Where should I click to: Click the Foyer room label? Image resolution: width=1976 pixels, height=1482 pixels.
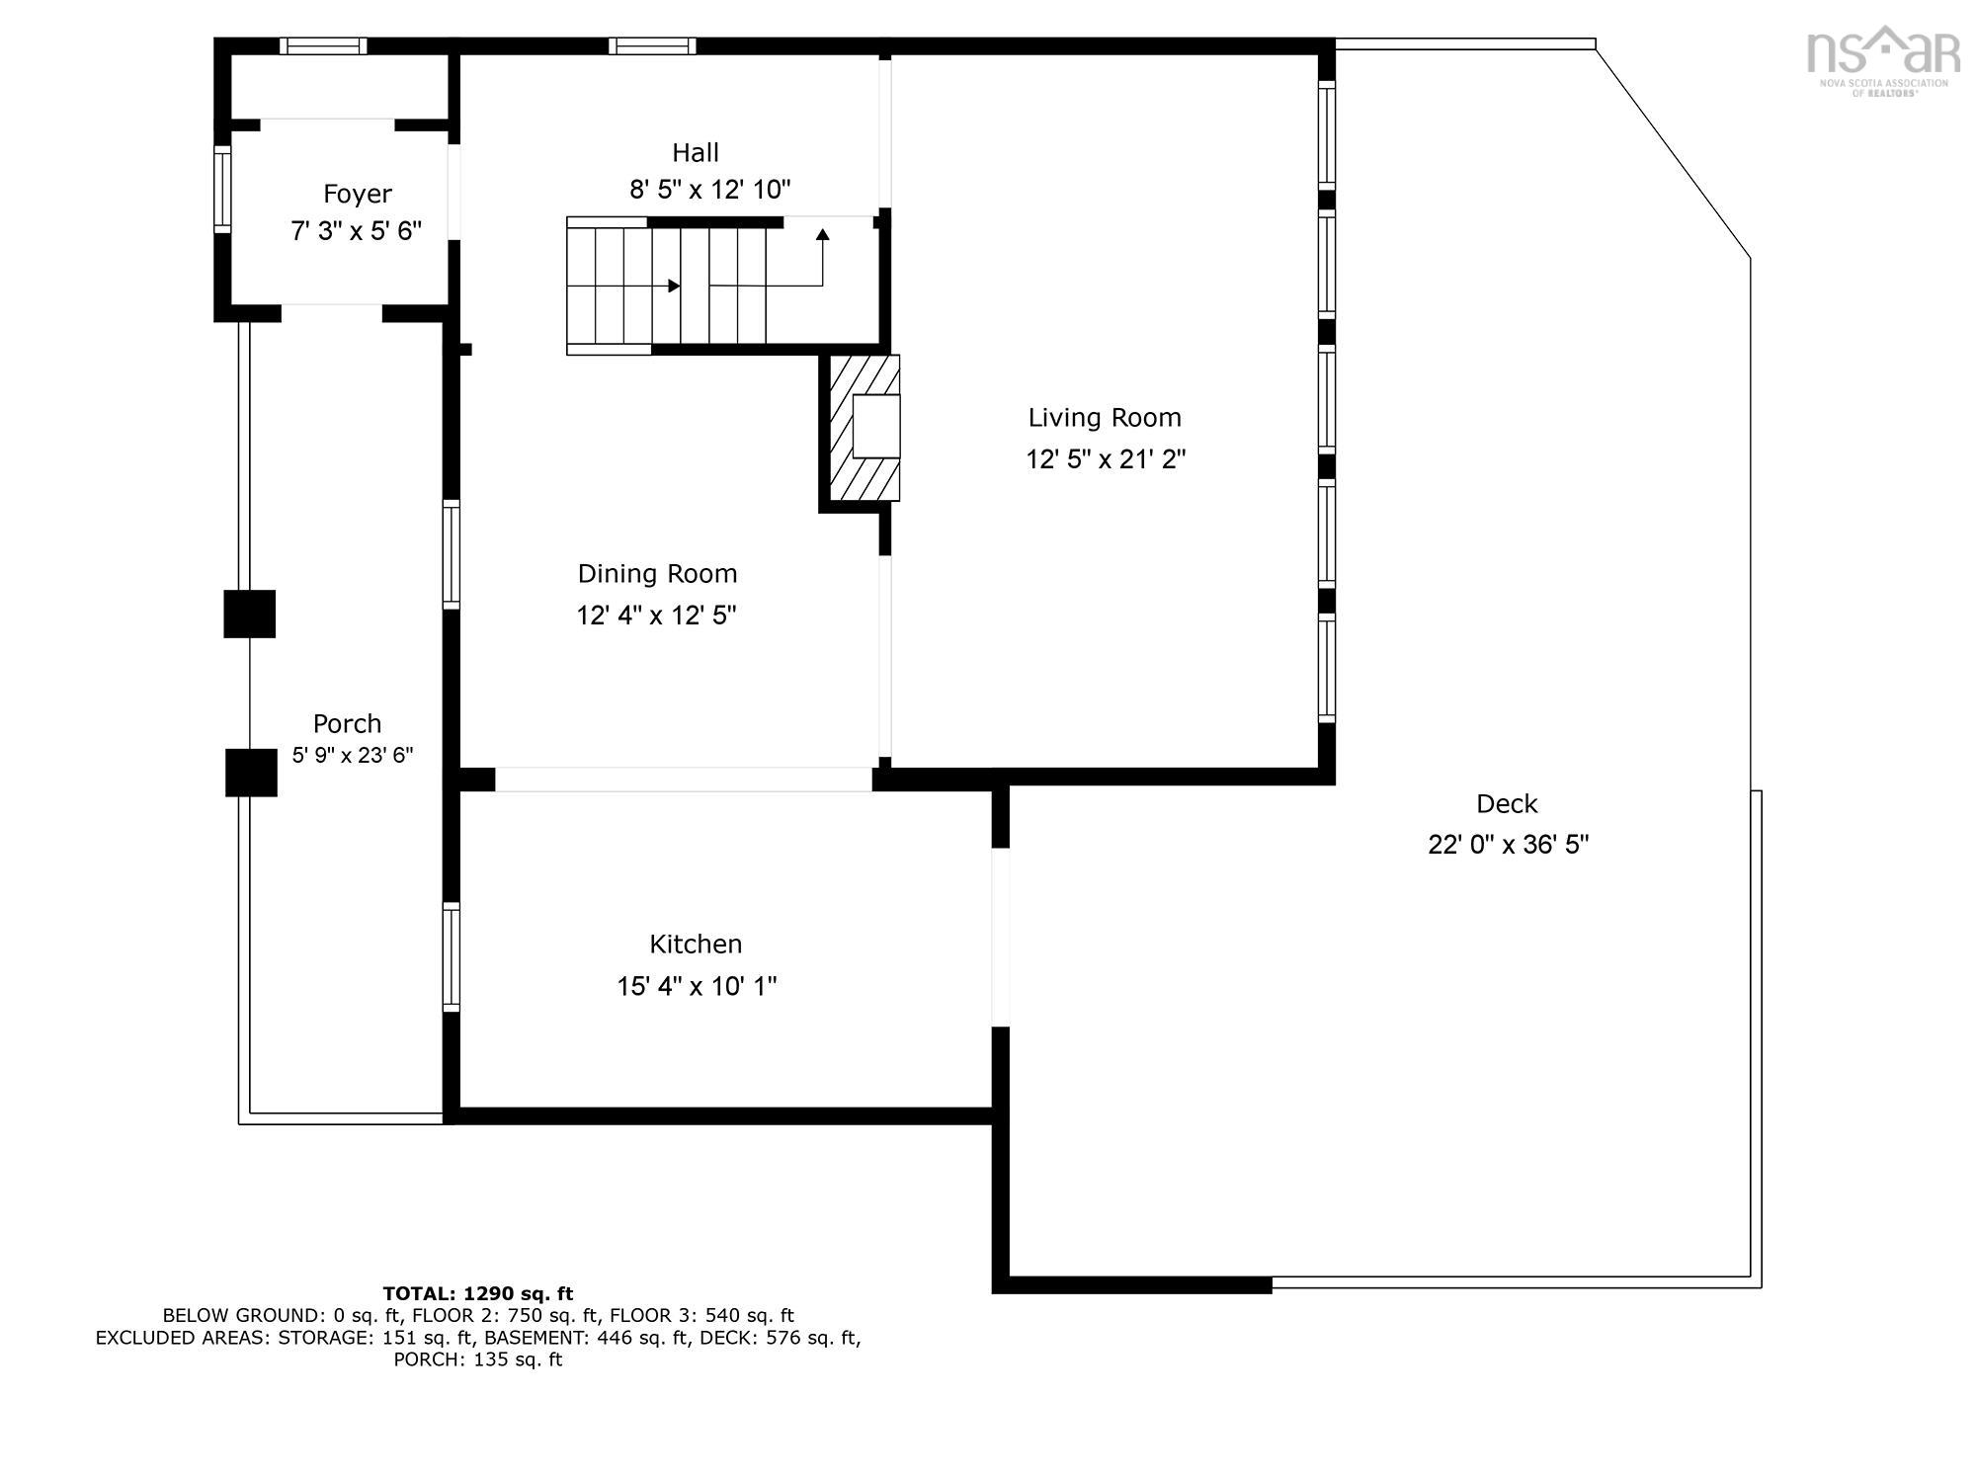[358, 194]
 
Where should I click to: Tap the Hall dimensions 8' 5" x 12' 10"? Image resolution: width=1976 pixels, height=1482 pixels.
[710, 190]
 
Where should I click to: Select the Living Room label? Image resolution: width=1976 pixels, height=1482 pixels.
[1105, 418]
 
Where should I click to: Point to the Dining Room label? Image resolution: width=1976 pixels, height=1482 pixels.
[657, 574]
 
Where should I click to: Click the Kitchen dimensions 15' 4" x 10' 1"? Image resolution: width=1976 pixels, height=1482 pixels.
[697, 986]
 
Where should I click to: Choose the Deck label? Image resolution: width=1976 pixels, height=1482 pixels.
[1507, 804]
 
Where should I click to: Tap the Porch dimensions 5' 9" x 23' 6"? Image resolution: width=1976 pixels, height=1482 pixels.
[352, 756]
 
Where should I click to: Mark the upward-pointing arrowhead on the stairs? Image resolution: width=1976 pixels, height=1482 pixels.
[822, 234]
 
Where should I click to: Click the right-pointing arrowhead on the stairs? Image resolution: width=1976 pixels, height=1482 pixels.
[674, 286]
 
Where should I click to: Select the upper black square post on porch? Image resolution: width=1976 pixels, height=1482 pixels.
[249, 614]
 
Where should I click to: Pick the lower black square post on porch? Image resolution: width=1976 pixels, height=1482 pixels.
[251, 773]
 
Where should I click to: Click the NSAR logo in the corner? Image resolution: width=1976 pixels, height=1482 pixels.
[1883, 58]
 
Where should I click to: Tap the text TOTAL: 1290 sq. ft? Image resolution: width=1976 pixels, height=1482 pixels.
[477, 1293]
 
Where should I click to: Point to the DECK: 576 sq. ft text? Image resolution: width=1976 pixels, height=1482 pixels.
[797, 1338]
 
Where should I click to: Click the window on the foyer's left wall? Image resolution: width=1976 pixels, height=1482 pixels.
[222, 189]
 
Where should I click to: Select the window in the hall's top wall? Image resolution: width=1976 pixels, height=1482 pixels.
[651, 45]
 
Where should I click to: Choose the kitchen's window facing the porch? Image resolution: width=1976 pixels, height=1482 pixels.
[451, 956]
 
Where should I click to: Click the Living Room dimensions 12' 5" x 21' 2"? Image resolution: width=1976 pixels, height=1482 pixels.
[1105, 459]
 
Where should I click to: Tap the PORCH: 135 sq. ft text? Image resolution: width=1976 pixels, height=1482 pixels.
[477, 1359]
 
